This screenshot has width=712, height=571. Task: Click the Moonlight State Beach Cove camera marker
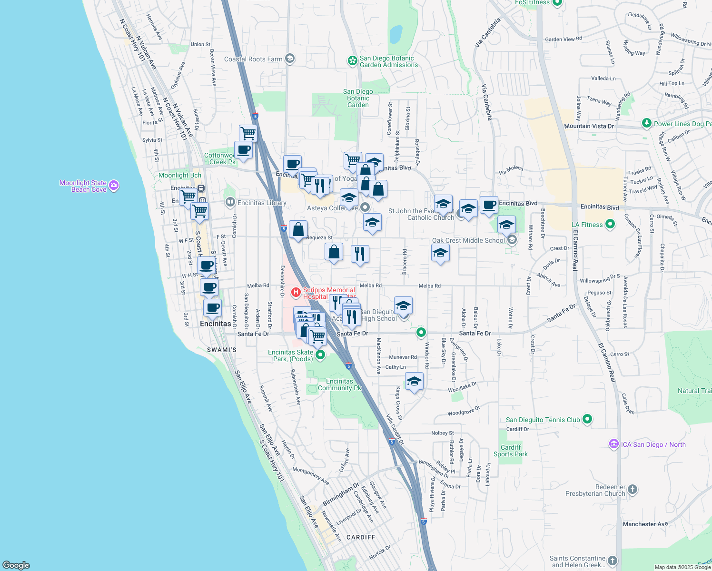[x=114, y=186]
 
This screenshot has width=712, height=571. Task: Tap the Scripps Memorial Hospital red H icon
[x=296, y=292]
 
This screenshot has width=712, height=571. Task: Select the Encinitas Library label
[x=262, y=203]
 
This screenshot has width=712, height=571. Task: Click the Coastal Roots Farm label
[x=253, y=59]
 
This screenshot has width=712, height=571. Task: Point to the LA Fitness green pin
[x=611, y=224]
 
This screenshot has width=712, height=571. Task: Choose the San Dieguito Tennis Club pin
[x=587, y=419]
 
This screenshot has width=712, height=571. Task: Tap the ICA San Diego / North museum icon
[x=613, y=444]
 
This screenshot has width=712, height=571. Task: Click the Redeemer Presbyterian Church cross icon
[x=633, y=489]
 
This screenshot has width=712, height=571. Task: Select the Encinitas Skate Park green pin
[x=320, y=354]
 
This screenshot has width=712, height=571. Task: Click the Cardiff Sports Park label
[x=511, y=451]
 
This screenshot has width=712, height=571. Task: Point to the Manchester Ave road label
[x=645, y=524]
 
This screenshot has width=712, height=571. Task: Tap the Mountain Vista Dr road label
[x=589, y=126]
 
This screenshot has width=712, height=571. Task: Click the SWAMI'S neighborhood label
[x=222, y=350]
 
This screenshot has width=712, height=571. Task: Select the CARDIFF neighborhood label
[x=361, y=537]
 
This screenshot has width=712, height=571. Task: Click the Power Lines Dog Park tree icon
[x=646, y=123]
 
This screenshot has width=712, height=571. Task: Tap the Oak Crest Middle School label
[x=468, y=240]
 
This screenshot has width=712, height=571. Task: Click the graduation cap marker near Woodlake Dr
[x=414, y=381]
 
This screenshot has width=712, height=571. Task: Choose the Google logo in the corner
[x=16, y=565]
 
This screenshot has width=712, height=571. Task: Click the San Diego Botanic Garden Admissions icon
[x=352, y=61]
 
